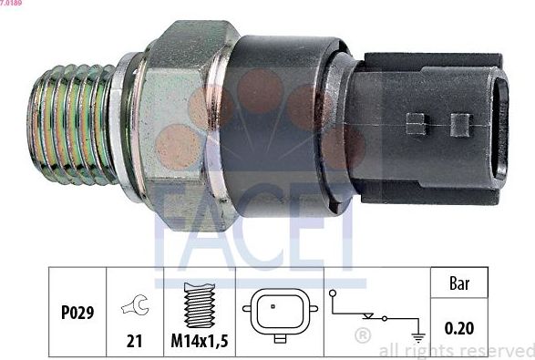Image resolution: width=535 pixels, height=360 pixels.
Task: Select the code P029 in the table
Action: [x=77, y=312]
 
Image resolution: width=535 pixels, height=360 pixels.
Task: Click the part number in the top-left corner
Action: [x=13, y=5]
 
